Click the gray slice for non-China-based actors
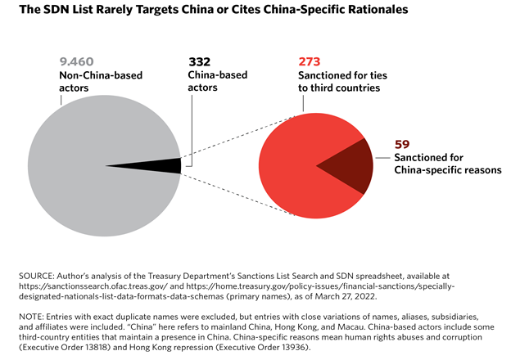pos(90,164)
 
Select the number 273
pos(310,61)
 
